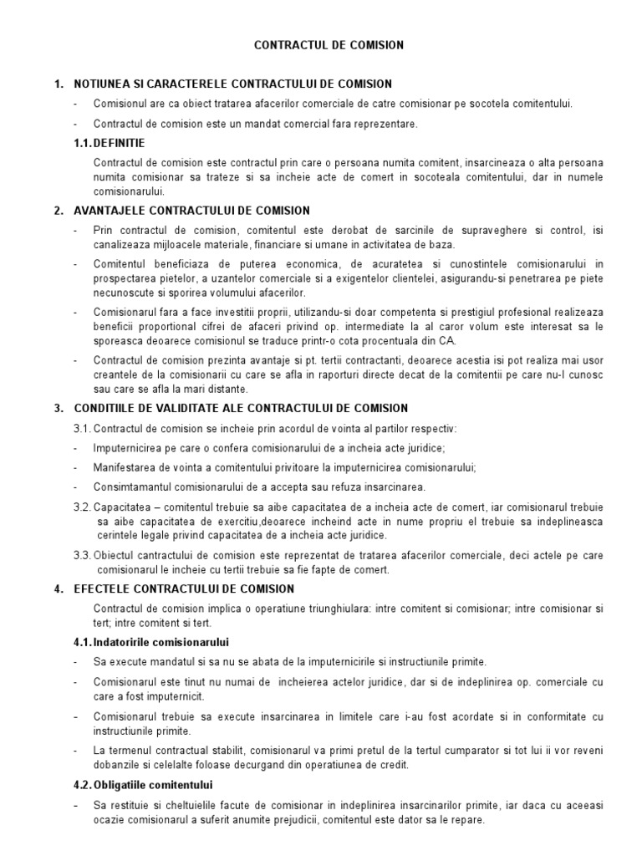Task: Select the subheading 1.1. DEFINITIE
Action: point(109,144)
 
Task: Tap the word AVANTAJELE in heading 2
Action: point(107,211)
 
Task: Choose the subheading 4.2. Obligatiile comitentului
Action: point(143,785)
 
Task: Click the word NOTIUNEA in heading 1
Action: point(104,84)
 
